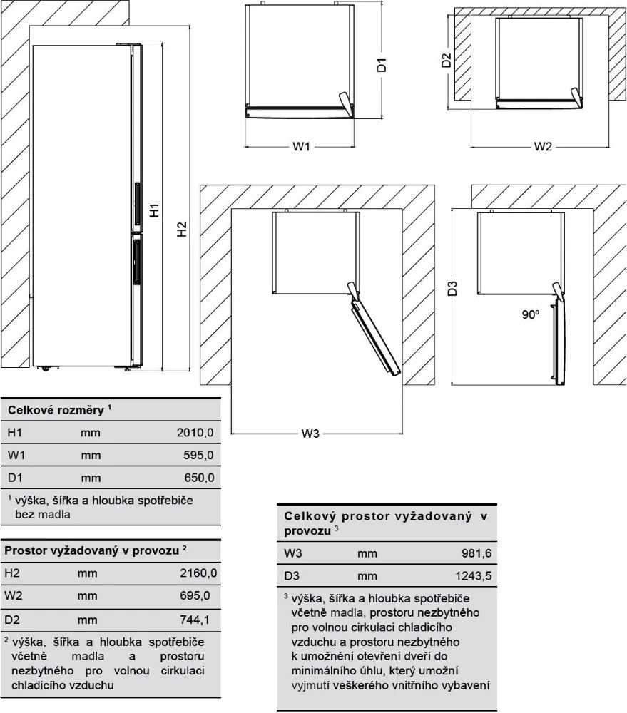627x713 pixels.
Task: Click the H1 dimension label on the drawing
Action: click(154, 211)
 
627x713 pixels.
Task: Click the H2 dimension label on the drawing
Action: click(183, 230)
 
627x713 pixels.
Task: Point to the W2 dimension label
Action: click(544, 147)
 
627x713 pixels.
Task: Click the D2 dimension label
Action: click(447, 60)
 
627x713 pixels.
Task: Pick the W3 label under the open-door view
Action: click(309, 434)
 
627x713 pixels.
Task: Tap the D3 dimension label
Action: click(452, 289)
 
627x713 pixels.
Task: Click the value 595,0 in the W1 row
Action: click(200, 454)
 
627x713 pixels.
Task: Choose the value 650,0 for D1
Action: click(200, 477)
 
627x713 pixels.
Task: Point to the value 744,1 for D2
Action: click(200, 620)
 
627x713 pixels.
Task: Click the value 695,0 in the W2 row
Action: click(200, 596)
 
